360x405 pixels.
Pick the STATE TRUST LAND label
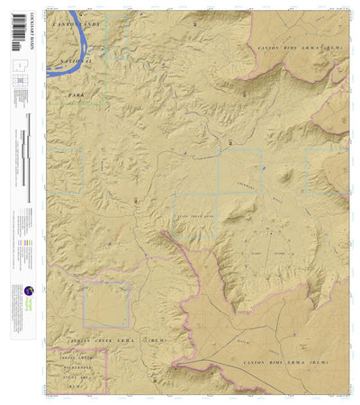pos(196,217)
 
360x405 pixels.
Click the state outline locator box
pos(19,67)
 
